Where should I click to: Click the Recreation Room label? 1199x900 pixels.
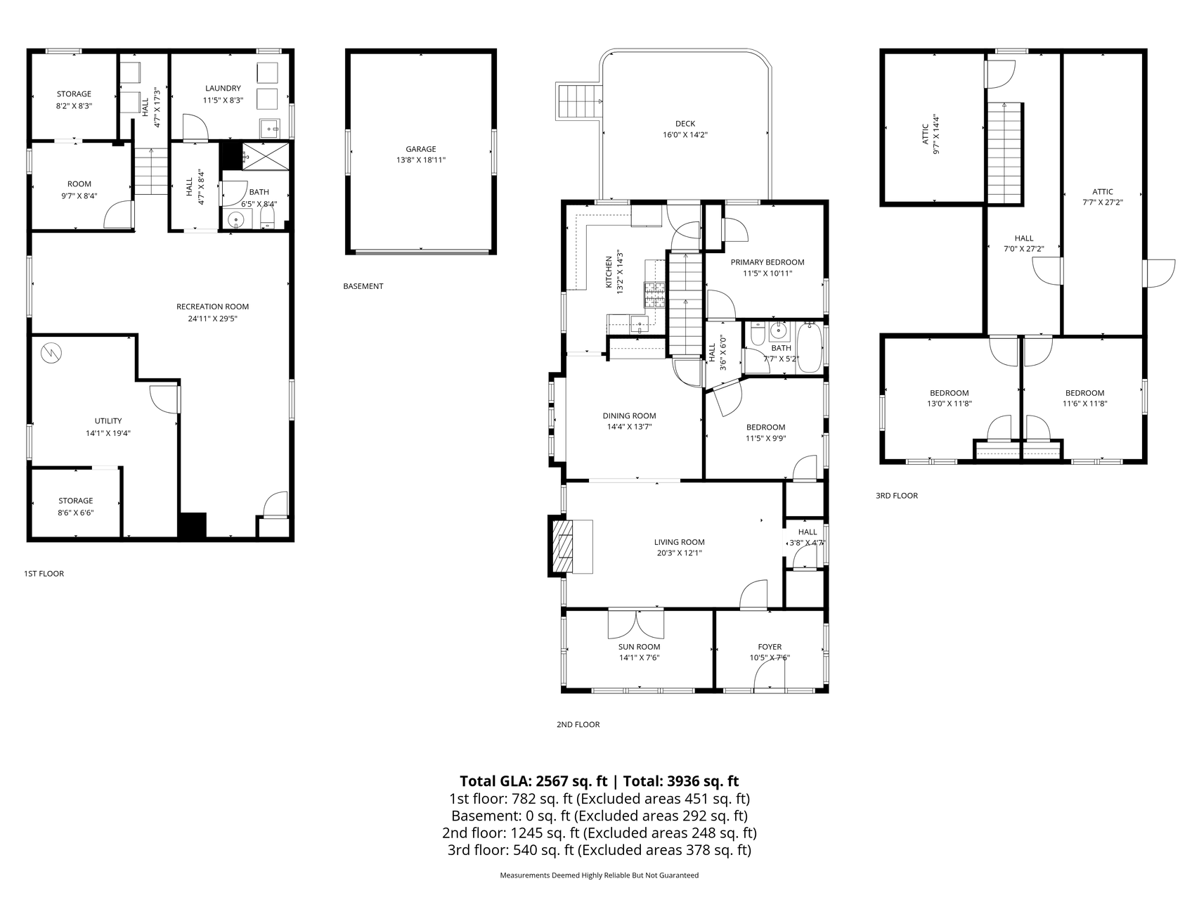[212, 307]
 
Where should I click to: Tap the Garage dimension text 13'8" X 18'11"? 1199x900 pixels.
[421, 160]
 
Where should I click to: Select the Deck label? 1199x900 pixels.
[685, 124]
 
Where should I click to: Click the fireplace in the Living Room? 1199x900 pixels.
[563, 547]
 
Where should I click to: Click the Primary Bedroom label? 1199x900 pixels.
[767, 262]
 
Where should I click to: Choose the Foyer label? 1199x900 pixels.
[770, 647]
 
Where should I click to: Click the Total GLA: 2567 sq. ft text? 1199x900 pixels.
[535, 781]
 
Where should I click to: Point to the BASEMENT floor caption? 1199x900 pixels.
[363, 286]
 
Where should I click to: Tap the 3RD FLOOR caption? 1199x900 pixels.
[897, 496]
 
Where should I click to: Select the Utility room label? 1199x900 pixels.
[108, 421]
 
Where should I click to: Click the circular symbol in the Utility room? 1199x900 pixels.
[51, 353]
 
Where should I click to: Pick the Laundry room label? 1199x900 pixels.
[223, 89]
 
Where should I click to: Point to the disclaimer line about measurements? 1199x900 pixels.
[599, 875]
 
